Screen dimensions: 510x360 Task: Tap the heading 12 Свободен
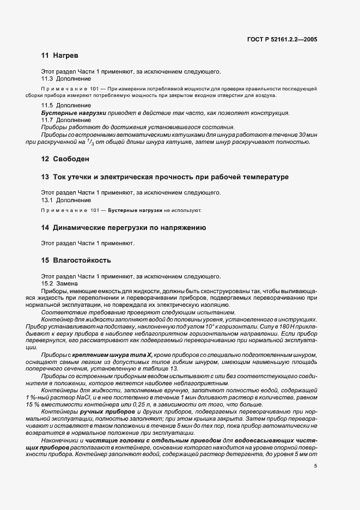pyautogui.click(x=65, y=159)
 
